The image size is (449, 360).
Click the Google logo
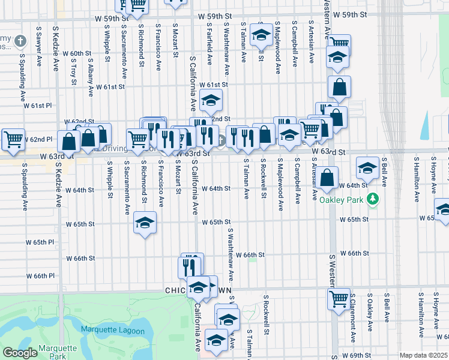click(x=20, y=353)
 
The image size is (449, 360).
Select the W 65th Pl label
click(x=40, y=242)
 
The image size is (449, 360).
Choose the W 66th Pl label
click(x=41, y=275)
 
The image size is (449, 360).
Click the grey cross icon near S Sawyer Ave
click(x=21, y=41)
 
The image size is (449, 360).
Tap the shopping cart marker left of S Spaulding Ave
click(x=13, y=140)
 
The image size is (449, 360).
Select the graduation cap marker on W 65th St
click(x=145, y=223)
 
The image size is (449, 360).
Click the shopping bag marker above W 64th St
click(x=328, y=178)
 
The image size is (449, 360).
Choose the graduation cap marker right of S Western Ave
click(x=367, y=168)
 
